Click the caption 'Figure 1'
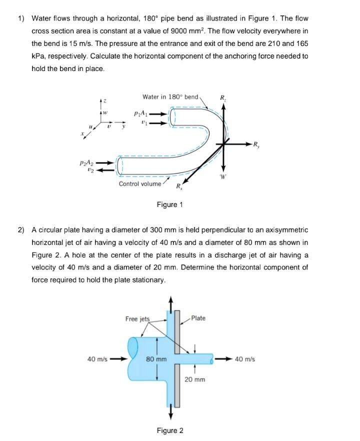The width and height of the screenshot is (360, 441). (x=170, y=204)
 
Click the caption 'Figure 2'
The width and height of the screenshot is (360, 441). (x=170, y=430)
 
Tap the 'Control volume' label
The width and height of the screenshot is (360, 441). (x=140, y=184)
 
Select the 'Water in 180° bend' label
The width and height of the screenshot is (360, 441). (x=170, y=96)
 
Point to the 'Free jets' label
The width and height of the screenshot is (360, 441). (x=137, y=318)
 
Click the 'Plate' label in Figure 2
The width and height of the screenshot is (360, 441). (x=198, y=318)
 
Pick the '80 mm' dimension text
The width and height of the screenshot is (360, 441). (x=156, y=359)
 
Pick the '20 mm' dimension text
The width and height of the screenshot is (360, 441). (x=194, y=380)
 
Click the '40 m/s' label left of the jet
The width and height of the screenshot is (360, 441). (x=98, y=359)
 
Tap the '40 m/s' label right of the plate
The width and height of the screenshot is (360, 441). (x=244, y=359)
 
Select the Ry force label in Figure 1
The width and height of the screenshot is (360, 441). (x=256, y=146)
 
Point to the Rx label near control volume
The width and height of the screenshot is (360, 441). (x=178, y=187)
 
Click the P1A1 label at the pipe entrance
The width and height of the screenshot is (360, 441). (x=140, y=113)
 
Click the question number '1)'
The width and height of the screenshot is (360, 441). (x=21, y=18)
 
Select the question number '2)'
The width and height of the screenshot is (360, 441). (x=21, y=230)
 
